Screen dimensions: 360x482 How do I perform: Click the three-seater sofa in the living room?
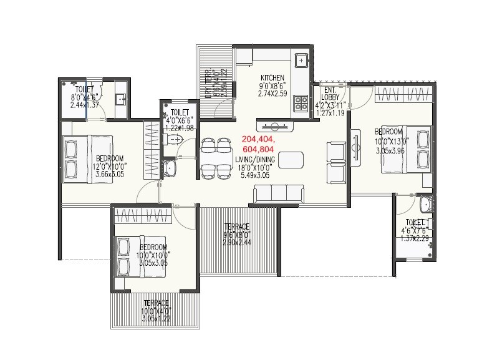point(279,195)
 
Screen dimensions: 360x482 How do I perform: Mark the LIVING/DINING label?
point(255,160)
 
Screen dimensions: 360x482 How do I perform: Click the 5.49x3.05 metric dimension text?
point(255,177)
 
